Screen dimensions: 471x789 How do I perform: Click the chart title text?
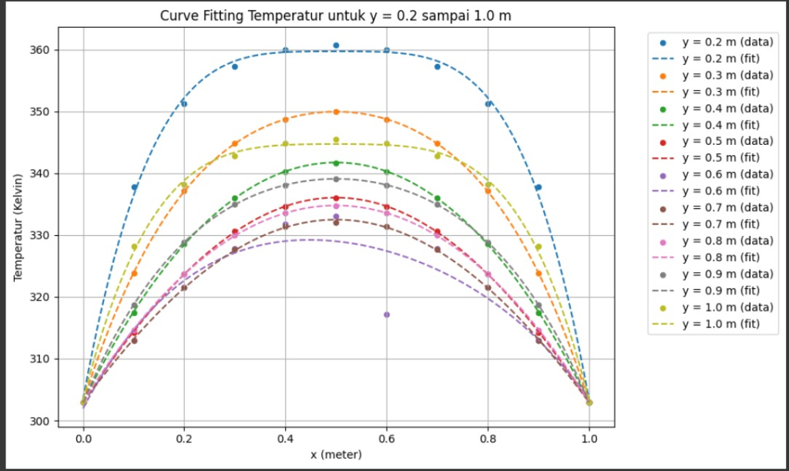[x=335, y=15]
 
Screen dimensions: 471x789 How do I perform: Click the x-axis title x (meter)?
[x=335, y=455]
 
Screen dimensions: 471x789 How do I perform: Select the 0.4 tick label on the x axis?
[x=285, y=437]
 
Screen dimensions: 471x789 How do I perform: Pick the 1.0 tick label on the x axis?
[x=589, y=437]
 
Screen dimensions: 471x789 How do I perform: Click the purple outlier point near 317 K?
[x=387, y=315]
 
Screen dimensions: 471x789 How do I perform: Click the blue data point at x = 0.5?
[x=336, y=45]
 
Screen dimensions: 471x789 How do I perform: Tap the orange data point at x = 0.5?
[x=336, y=112]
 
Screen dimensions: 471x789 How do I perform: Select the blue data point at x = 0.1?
[x=134, y=187]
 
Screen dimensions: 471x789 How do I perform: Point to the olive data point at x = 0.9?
[x=539, y=247]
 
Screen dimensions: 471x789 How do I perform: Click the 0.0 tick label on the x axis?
[x=83, y=437]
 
